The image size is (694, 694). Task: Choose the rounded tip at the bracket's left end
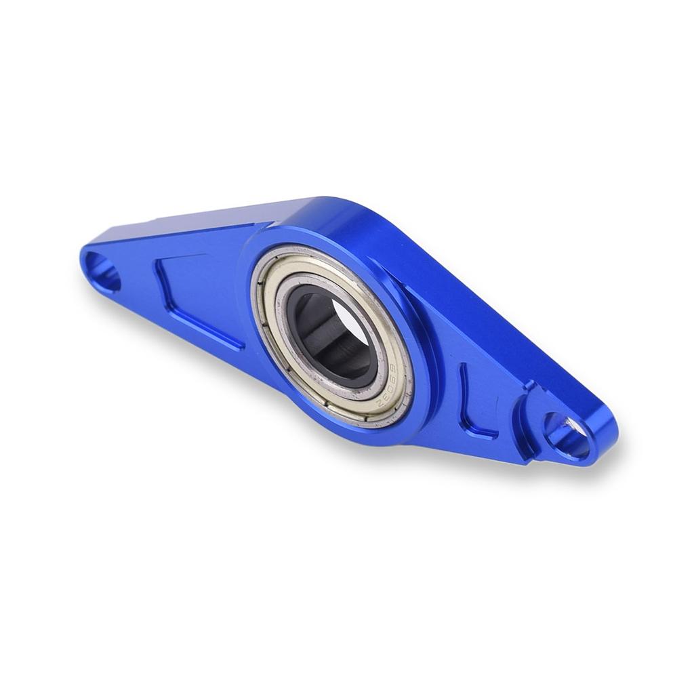[84, 258]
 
